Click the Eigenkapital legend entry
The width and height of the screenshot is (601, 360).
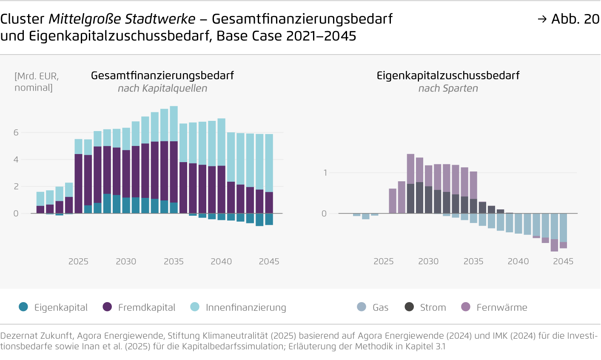53,307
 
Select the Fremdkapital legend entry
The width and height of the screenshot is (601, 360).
139,307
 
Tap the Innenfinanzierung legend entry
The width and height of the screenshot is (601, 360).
238,307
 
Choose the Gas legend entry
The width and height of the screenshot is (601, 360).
373,307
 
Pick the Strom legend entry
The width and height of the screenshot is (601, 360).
425,307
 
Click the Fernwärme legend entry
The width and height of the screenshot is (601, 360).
494,307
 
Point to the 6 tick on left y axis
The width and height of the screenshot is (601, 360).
16,133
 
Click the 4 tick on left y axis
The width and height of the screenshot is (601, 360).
16,160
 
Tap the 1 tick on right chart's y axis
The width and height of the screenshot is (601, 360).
325,173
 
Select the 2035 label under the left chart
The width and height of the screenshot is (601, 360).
174,261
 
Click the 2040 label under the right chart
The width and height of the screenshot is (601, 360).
518,261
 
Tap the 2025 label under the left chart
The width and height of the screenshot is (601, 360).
78,261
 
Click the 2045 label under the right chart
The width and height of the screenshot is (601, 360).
563,261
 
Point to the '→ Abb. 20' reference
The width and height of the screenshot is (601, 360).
568,19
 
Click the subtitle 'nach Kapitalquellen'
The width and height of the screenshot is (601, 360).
162,89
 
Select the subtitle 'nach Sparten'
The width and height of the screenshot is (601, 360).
448,89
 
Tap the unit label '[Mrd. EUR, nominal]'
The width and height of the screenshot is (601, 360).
37,82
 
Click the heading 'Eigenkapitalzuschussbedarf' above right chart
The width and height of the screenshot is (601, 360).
448,76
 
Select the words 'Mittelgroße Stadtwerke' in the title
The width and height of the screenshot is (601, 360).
122,19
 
